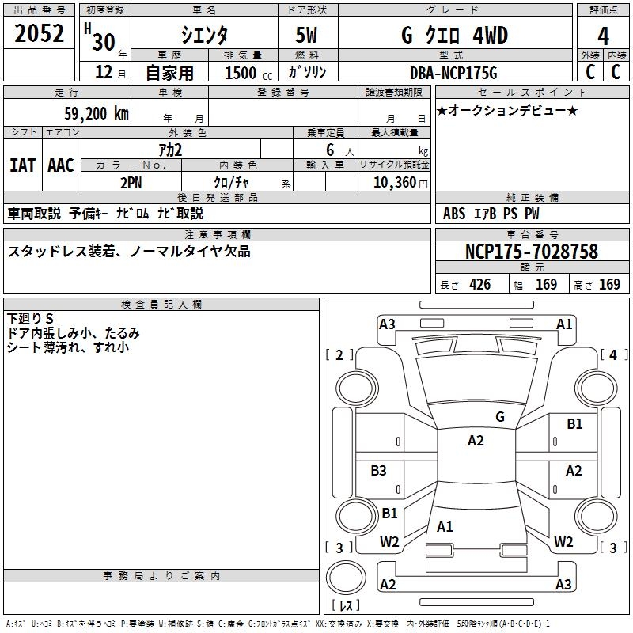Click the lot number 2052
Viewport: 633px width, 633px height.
(39, 33)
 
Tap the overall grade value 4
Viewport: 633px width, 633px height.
(603, 36)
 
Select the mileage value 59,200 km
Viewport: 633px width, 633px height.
(97, 114)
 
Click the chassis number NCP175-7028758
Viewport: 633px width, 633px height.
(532, 251)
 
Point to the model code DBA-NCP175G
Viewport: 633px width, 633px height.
(453, 73)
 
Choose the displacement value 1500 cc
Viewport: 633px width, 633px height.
(248, 73)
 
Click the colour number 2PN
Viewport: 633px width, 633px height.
(131, 183)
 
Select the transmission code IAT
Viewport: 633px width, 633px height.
(23, 165)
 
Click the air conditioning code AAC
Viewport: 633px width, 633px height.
(61, 165)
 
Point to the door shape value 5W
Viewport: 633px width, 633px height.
(306, 35)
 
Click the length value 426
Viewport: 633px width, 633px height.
(480, 284)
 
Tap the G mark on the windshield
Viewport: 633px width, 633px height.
(500, 417)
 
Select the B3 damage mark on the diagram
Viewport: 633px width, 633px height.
(378, 470)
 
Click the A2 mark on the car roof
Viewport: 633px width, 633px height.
(476, 441)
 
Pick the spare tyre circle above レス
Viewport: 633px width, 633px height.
(346, 577)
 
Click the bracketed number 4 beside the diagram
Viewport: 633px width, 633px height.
(613, 354)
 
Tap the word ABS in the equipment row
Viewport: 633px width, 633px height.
(454, 214)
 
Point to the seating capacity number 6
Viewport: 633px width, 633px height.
(330, 150)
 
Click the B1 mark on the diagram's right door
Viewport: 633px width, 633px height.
(574, 424)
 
